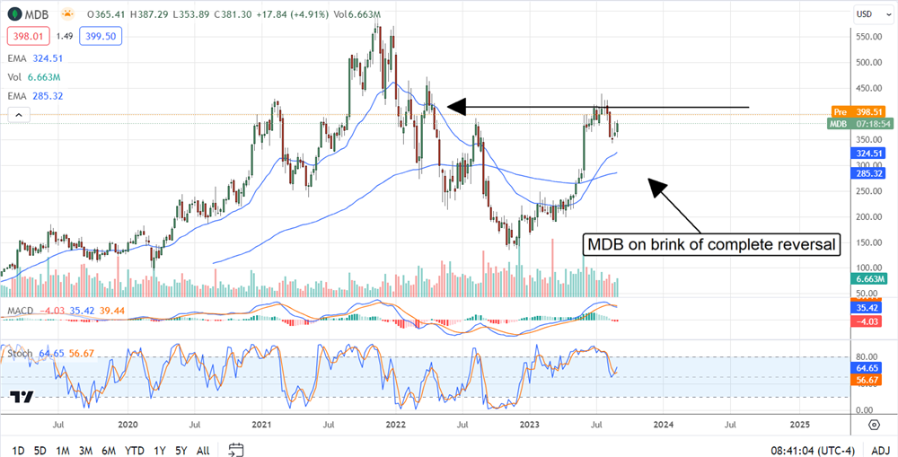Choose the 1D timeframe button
pos(18,449)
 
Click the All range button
pos(203,449)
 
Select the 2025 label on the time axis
pos(799,423)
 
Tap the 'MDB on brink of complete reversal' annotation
pos(712,244)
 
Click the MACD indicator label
pos(20,310)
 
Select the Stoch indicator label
pos(19,355)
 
